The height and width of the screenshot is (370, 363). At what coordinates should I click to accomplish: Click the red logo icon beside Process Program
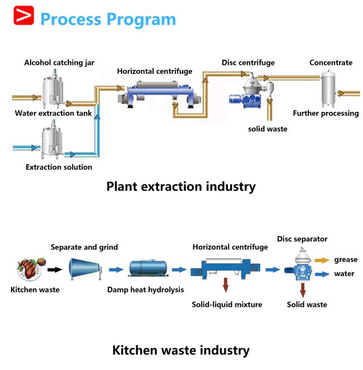(x=23, y=15)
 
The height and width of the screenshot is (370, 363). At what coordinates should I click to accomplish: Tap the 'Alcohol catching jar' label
(x=59, y=63)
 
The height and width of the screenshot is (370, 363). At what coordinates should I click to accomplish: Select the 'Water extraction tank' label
(x=53, y=113)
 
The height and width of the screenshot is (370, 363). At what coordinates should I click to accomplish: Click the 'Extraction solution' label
(x=59, y=167)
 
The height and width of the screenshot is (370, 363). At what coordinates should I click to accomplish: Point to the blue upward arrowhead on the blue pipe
(x=97, y=117)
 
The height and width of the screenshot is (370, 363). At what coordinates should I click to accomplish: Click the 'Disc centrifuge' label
(x=248, y=63)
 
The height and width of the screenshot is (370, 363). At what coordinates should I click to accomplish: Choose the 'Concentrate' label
(x=331, y=63)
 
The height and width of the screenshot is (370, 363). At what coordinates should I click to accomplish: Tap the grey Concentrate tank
(x=328, y=88)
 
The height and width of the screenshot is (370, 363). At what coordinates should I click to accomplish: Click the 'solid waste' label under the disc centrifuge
(x=268, y=129)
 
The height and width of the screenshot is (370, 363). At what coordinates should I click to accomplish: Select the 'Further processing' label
(x=326, y=113)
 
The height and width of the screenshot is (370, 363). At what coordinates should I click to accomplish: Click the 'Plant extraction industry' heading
(x=181, y=187)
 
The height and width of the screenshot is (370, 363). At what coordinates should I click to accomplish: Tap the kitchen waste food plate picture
(x=31, y=269)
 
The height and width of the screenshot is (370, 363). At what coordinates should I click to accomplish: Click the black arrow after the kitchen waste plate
(x=55, y=269)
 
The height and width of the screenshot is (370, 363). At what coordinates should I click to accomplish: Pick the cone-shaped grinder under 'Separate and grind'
(x=85, y=269)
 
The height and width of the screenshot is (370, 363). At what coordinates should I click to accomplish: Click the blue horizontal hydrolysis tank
(x=148, y=268)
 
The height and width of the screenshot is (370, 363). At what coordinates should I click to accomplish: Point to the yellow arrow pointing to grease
(x=322, y=260)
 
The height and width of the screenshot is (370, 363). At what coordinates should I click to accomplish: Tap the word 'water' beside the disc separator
(x=344, y=274)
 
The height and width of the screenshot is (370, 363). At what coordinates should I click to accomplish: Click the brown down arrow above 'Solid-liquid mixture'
(x=226, y=285)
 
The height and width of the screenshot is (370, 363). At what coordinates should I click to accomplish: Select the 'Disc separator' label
(x=302, y=239)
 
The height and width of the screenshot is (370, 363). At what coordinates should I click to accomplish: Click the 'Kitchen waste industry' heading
(x=181, y=350)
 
